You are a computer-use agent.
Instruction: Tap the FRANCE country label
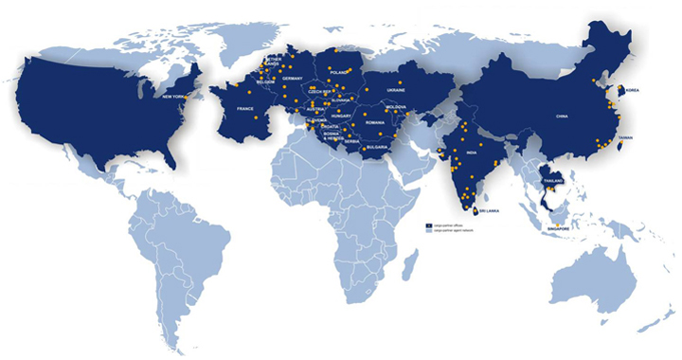(245, 109)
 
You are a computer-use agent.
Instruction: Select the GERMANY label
(292, 78)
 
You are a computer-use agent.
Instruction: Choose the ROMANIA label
(375, 123)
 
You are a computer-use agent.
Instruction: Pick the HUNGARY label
(343, 116)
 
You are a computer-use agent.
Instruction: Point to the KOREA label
(634, 90)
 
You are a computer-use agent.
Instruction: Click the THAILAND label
(551, 180)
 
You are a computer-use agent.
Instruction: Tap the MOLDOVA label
(396, 107)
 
